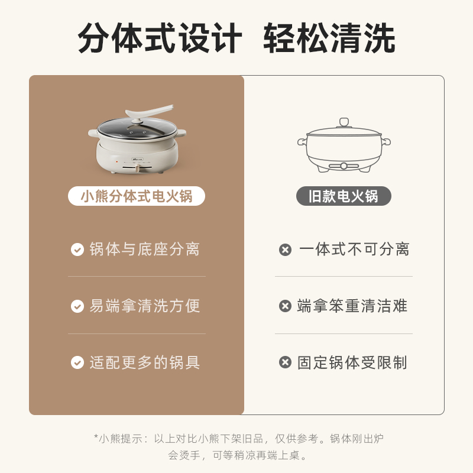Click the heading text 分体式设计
[160, 38]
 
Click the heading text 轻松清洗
[329, 38]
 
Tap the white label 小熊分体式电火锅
[137, 196]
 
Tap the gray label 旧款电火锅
[344, 196]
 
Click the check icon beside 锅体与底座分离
[77, 250]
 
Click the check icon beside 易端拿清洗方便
[77, 306]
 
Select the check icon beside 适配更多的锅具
[77, 362]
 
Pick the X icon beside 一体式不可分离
[285, 250]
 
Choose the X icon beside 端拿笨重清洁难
[285, 306]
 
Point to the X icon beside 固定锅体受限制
[285, 362]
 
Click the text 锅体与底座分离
[144, 249]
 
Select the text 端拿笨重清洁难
[352, 306]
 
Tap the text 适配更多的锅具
[144, 362]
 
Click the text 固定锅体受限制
[352, 362]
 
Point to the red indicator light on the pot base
[116, 161]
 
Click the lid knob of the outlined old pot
[344, 122]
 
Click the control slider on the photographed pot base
[138, 168]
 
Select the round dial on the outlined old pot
[344, 166]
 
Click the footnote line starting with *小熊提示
[239, 439]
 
